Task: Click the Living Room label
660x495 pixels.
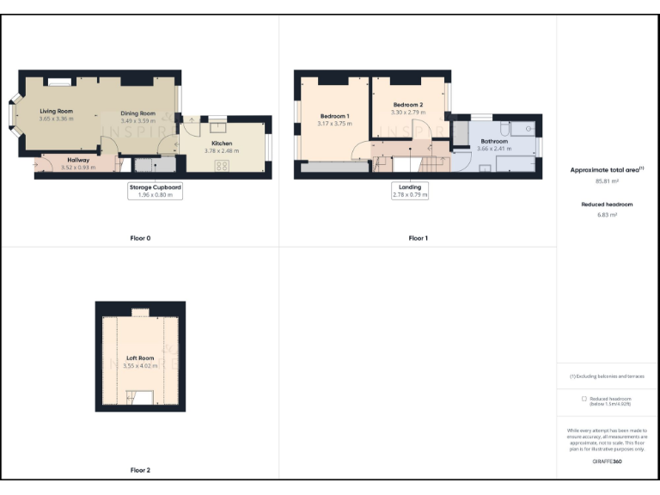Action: click(56, 111)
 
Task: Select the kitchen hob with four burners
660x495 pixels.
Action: click(222, 166)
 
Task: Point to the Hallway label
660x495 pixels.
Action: click(79, 160)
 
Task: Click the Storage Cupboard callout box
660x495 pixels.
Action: click(156, 190)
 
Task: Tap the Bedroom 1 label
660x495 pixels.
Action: click(334, 116)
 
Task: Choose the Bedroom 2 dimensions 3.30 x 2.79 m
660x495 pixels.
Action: click(408, 113)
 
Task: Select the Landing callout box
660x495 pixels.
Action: click(410, 190)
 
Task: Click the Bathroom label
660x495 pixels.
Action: click(494, 141)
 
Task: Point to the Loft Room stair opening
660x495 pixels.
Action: click(140, 396)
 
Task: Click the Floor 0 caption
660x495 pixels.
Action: click(140, 237)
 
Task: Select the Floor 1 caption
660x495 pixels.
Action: click(418, 237)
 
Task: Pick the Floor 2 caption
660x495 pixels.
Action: click(140, 470)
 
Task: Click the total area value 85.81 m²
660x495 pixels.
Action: click(607, 181)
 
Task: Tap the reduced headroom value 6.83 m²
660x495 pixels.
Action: click(607, 215)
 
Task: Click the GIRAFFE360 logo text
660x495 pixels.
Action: click(607, 461)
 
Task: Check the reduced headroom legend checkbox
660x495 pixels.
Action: click(584, 399)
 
